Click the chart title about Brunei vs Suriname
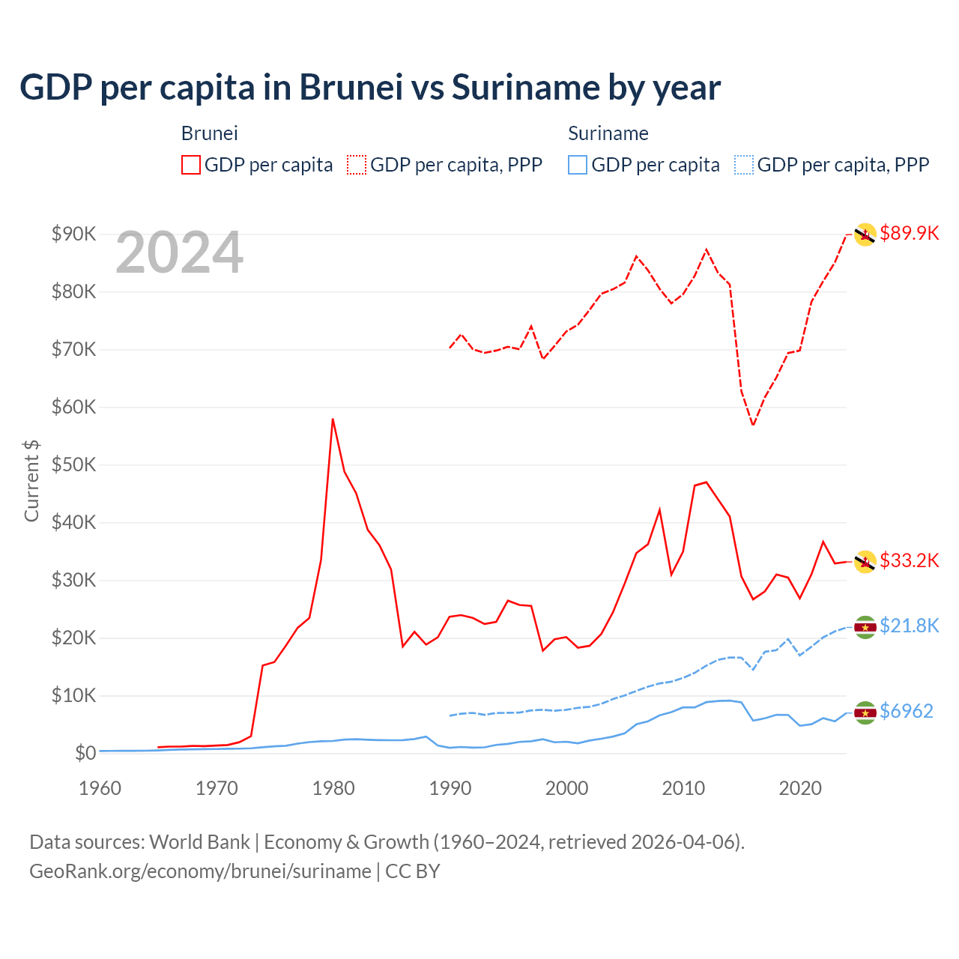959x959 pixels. [x=370, y=88]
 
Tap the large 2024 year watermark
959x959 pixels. [x=179, y=252]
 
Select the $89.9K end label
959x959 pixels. [x=909, y=233]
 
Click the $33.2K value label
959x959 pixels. [x=909, y=560]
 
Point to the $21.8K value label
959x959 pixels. [x=909, y=626]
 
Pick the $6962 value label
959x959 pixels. [x=906, y=711]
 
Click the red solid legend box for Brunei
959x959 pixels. [x=191, y=165]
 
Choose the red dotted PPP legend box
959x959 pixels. [x=357, y=165]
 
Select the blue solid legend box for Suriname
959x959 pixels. [x=578, y=165]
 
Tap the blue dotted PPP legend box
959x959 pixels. [x=743, y=165]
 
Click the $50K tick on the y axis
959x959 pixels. [x=73, y=465]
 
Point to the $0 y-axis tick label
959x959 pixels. [x=85, y=753]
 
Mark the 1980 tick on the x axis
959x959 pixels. [x=333, y=788]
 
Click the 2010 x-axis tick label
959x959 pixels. [x=683, y=788]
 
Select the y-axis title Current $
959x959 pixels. [x=31, y=481]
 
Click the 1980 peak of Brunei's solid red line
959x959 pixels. [x=333, y=420]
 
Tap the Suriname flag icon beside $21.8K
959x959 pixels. [x=865, y=627]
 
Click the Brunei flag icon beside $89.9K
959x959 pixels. [x=865, y=235]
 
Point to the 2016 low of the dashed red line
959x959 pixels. [x=753, y=425]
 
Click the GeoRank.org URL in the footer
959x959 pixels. [x=200, y=871]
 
